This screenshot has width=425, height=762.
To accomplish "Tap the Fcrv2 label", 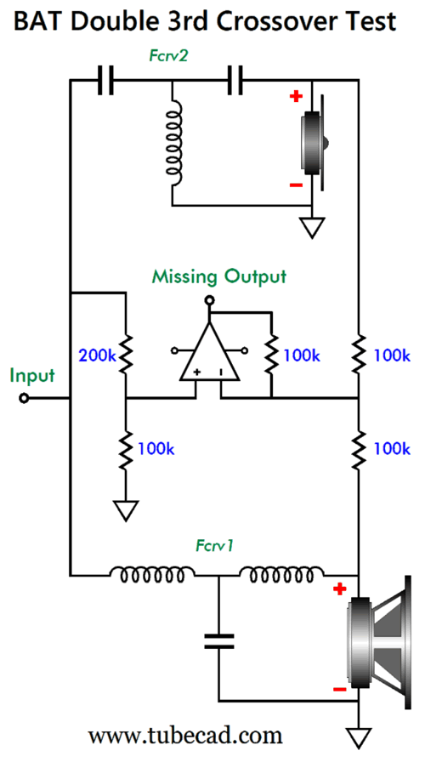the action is (x=167, y=56).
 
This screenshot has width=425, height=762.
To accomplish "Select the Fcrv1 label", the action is (x=215, y=545).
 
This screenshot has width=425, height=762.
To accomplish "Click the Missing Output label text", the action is (x=219, y=276).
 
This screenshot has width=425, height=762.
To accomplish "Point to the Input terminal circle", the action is (x=23, y=399).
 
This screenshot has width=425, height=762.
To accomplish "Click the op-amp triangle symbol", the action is (x=209, y=351).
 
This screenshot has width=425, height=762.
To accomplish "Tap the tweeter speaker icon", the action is (x=315, y=144).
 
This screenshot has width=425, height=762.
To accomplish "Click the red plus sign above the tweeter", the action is (x=295, y=96).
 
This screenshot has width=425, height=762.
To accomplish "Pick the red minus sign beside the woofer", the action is (x=339, y=689).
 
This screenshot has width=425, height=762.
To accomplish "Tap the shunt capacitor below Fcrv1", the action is (x=218, y=640).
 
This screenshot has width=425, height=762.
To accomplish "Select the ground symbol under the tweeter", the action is (x=311, y=227).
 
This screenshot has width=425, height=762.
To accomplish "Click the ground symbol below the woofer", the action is (x=359, y=737).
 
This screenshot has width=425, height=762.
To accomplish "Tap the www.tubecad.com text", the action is (x=185, y=736).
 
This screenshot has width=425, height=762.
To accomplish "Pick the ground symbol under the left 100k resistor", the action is (x=125, y=511).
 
